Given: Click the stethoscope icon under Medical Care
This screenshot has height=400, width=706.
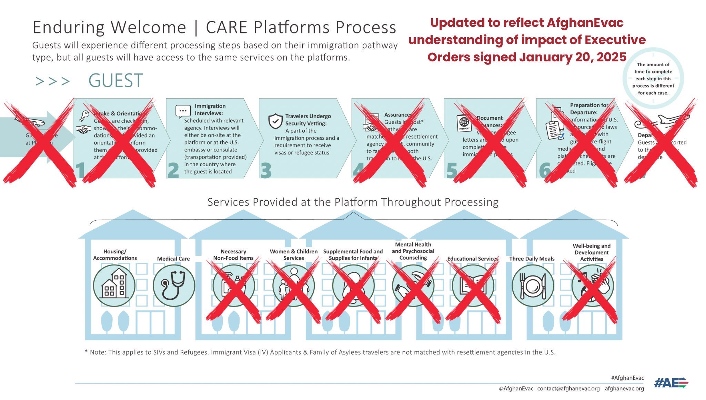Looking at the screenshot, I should pyautogui.click(x=174, y=286).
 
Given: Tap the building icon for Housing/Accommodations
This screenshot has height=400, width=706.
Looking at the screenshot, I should pyautogui.click(x=114, y=286).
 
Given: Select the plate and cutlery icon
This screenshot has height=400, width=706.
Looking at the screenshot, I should pyautogui.click(x=533, y=286).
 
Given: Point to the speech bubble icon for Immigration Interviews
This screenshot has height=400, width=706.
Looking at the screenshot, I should pyautogui.click(x=183, y=111).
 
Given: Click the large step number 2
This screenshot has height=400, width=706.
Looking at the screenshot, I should pyautogui.click(x=173, y=170).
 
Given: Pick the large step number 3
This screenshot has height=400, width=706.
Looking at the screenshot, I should pyautogui.click(x=266, y=170).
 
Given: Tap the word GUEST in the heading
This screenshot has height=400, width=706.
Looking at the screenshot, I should pyautogui.click(x=115, y=81).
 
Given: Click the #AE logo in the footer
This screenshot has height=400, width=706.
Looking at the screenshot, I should pyautogui.click(x=670, y=383).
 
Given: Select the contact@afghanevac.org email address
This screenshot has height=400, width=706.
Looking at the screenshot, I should pyautogui.click(x=568, y=389).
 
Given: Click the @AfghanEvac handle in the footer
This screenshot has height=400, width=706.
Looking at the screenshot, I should pyautogui.click(x=516, y=389).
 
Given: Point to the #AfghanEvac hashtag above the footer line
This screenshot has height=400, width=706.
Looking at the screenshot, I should pyautogui.click(x=627, y=378).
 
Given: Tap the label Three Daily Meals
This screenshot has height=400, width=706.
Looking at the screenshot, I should pyautogui.click(x=532, y=259).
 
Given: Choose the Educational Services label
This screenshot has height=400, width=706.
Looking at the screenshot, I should pyautogui.click(x=473, y=259).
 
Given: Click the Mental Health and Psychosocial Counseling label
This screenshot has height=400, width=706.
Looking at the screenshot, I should pyautogui.click(x=413, y=251).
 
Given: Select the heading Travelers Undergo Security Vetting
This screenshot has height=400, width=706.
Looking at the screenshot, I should pyautogui.click(x=308, y=120).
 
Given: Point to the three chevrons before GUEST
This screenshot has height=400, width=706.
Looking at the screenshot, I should pyautogui.click(x=52, y=81).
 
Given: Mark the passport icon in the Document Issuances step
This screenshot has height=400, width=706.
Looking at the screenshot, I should pyautogui.click(x=464, y=123).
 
